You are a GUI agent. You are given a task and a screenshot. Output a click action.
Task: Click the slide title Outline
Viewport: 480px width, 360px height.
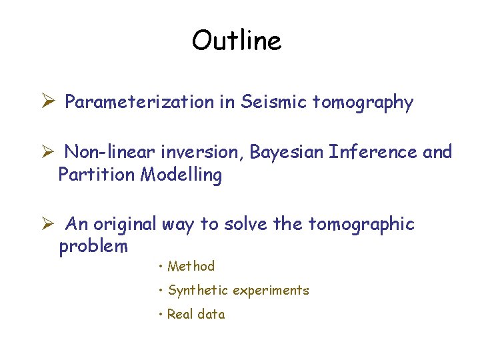(237, 41)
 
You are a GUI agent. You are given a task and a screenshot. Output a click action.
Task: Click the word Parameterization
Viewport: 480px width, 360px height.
(139, 103)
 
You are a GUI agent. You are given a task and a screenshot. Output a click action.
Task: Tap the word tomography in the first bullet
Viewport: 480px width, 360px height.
(363, 103)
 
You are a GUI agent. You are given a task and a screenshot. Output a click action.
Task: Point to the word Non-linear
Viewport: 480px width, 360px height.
(108, 153)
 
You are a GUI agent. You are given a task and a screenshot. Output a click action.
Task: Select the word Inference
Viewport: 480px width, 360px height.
(374, 152)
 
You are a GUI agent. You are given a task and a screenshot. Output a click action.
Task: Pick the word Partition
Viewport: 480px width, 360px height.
(97, 175)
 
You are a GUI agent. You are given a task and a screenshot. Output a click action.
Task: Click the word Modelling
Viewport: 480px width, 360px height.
(181, 176)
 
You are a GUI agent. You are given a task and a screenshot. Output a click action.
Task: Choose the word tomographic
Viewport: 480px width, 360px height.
(361, 225)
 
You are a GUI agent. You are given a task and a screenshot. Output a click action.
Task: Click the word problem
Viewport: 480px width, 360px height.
(93, 247)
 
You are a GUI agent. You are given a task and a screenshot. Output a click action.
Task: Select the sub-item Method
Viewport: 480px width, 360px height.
(191, 267)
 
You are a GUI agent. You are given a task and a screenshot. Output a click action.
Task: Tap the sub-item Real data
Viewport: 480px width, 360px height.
(195, 314)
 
